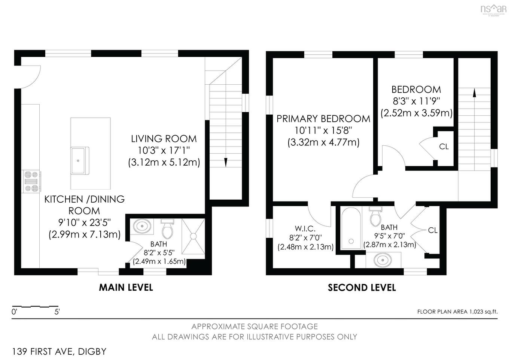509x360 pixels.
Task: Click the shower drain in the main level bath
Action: point(193,236)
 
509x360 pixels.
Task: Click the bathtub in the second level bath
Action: point(351,229)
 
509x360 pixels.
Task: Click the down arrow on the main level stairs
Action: point(226,162)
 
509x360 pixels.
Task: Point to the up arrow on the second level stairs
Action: point(475,93)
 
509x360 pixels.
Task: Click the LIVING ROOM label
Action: point(164,139)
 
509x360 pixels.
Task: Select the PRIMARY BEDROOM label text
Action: point(323,119)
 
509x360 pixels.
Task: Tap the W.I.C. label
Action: point(305,228)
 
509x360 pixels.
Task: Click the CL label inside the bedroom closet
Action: point(444,146)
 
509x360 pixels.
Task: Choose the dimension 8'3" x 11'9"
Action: point(416,101)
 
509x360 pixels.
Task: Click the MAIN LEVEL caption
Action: point(126,287)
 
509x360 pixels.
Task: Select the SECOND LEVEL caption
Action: point(362,288)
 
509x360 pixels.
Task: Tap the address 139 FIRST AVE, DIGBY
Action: point(59,351)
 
